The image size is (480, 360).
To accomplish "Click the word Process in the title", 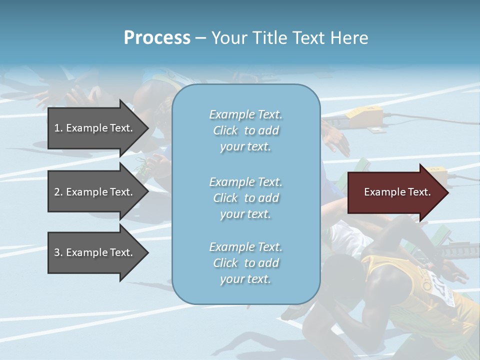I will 157,38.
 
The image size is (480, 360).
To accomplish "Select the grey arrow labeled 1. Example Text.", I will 95,128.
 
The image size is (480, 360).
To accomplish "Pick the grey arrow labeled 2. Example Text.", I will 95,192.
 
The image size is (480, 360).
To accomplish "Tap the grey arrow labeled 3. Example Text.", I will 95,252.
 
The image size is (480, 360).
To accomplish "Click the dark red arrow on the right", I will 395,192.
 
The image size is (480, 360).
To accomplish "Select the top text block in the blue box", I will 245,130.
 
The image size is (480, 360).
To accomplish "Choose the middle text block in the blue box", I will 245,198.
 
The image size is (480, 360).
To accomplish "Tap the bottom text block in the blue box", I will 245,263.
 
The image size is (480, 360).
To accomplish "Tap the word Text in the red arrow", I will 419,192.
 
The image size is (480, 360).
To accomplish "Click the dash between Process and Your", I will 200,38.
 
